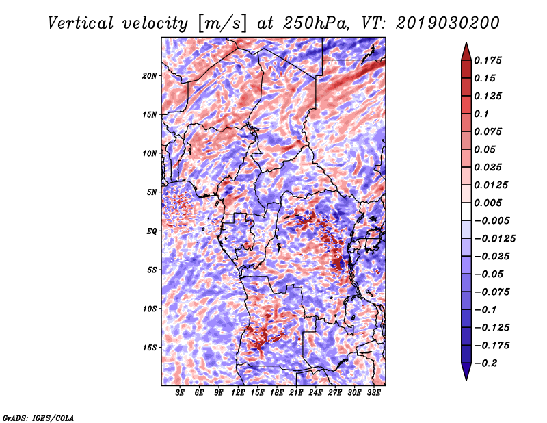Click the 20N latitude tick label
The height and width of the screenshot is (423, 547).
click(x=150, y=76)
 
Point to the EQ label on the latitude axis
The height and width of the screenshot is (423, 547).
click(x=152, y=231)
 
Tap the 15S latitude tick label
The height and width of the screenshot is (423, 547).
click(x=150, y=348)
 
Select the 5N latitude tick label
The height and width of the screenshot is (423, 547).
click(x=152, y=192)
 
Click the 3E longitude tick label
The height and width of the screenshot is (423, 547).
click(x=180, y=393)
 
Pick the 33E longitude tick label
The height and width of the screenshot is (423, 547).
click(x=373, y=393)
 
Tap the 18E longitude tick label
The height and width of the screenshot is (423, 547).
click(x=277, y=393)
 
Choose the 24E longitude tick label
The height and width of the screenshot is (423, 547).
click(x=315, y=393)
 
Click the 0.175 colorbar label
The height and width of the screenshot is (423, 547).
click(x=488, y=60)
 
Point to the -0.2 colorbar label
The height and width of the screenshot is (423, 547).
click(x=485, y=363)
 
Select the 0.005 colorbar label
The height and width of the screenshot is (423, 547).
click(x=488, y=203)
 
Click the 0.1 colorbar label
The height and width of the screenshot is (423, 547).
click(x=482, y=114)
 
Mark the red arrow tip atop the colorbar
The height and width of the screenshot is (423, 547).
click(x=466, y=42)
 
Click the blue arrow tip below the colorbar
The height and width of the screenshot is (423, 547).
click(x=466, y=380)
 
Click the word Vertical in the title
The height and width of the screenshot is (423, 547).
click(x=81, y=23)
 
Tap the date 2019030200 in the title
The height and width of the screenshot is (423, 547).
click(x=448, y=23)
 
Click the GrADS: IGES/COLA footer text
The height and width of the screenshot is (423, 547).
click(x=38, y=418)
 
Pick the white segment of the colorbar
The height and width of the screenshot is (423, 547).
click(x=466, y=211)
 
